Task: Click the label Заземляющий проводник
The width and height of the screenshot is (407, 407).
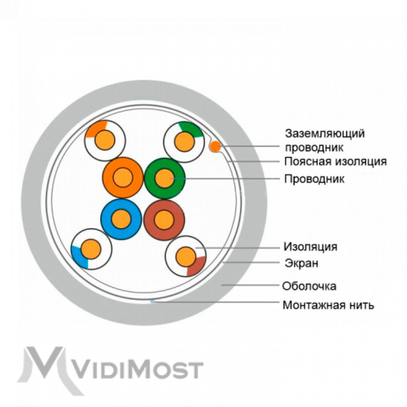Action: click(325, 140)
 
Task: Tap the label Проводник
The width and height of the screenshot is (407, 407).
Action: click(314, 179)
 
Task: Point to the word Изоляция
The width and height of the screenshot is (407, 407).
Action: click(310, 247)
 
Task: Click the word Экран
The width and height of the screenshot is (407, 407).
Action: click(302, 263)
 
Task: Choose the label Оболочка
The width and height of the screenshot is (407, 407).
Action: click(309, 286)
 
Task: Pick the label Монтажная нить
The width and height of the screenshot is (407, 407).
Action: click(328, 305)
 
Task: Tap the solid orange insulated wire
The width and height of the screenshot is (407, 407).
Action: click(123, 178)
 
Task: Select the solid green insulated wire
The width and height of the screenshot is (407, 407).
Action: click(165, 178)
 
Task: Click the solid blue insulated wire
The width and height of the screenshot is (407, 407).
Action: click(121, 219)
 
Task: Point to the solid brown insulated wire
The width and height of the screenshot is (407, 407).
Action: click(164, 220)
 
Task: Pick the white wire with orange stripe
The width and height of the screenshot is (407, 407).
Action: click(105, 140)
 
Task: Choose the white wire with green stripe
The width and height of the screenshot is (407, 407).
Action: click(184, 142)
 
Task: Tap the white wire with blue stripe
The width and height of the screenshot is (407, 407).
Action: click(92, 249)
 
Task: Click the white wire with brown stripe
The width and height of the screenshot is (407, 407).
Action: click(186, 256)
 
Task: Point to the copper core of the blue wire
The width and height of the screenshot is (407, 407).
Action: click(121, 219)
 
